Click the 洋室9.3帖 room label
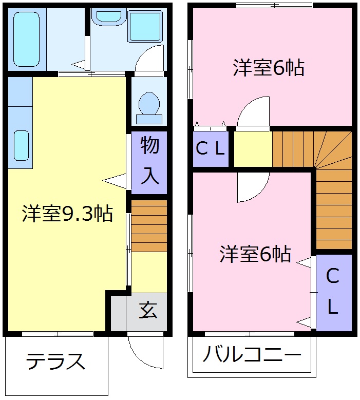67,214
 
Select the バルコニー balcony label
251,355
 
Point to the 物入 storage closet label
149,161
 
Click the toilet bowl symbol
149,102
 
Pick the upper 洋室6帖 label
269,68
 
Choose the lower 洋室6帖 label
255,254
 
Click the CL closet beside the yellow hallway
211,149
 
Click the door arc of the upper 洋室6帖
253,111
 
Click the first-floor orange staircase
149,226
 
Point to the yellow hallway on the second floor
253,149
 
